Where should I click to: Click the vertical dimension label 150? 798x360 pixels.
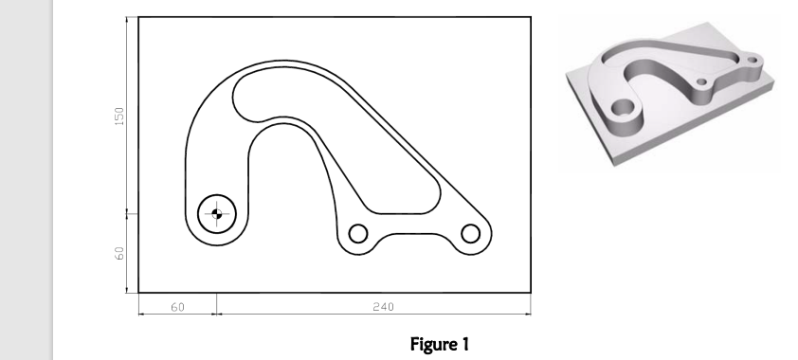click(x=119, y=116)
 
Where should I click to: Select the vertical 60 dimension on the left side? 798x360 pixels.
click(x=119, y=254)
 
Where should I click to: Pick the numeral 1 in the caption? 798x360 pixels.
click(x=464, y=345)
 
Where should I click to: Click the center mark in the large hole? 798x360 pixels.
click(x=217, y=214)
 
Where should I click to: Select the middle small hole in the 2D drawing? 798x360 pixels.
click(x=358, y=233)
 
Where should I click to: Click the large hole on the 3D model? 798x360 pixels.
click(x=623, y=109)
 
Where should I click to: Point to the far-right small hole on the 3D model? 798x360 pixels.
click(x=753, y=61)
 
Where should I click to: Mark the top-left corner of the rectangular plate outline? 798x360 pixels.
click(x=138, y=17)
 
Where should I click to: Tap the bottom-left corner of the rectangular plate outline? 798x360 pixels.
click(x=138, y=291)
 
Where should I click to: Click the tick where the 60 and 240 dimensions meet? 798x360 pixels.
click(x=217, y=312)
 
